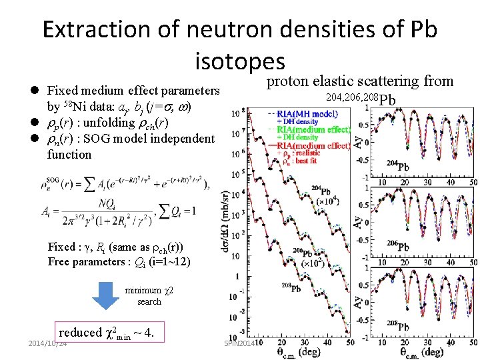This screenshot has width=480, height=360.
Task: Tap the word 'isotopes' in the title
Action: click(240, 62)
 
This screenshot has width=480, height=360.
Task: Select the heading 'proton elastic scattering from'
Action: click(360, 82)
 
